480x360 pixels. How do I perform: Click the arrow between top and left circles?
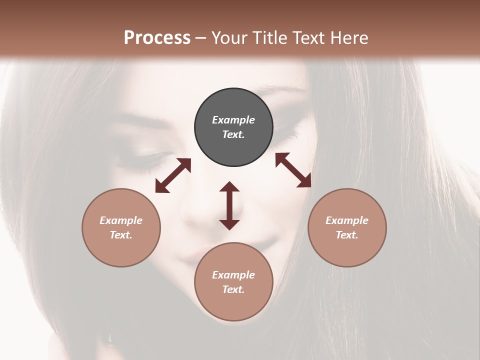[173, 175]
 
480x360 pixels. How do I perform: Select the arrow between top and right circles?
[293, 170]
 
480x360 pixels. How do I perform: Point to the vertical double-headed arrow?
[229, 205]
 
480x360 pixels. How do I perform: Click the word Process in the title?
[157, 37]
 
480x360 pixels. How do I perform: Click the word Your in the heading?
[227, 37]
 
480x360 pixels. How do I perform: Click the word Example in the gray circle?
[233, 120]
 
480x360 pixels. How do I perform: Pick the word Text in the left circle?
[121, 235]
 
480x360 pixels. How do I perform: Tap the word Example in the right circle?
[347, 220]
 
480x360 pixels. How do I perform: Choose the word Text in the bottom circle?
[233, 289]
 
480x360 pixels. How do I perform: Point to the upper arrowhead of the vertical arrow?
[229, 187]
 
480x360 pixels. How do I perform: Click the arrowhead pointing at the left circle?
[161, 186]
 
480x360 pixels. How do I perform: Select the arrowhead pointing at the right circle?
[304, 181]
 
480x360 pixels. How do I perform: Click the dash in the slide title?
[201, 38]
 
